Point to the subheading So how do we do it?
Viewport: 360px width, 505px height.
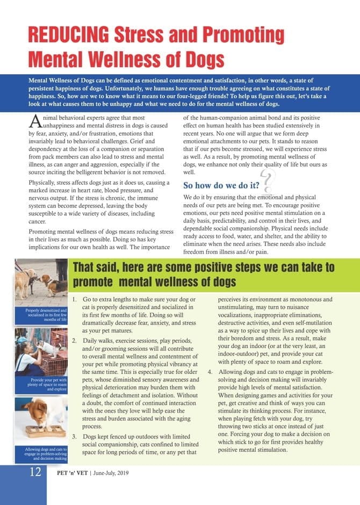222,186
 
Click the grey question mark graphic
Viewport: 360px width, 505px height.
267,180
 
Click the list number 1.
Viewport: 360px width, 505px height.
74,299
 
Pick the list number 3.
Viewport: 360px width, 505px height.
74,436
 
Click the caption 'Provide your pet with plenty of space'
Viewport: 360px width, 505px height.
41,385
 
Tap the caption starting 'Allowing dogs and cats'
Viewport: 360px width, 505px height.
41,453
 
